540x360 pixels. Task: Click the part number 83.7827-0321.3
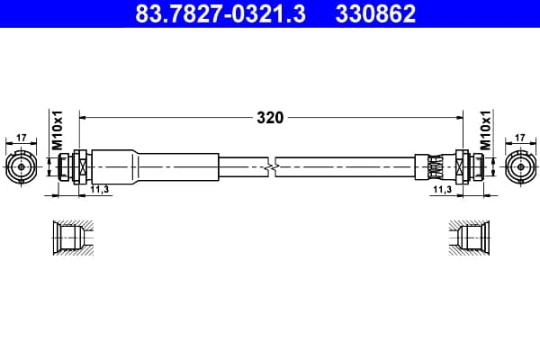tap(220, 13)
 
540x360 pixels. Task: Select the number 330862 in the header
tap(375, 13)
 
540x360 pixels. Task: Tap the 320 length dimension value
tap(270, 118)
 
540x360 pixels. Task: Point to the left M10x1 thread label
tap(58, 130)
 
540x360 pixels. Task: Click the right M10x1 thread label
tap(485, 130)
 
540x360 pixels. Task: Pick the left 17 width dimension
tap(22, 138)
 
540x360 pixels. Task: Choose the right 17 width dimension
tap(520, 138)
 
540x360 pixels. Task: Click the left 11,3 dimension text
tap(100, 189)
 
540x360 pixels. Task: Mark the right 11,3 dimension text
tap(442, 189)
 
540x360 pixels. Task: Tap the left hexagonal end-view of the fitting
tap(22, 167)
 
